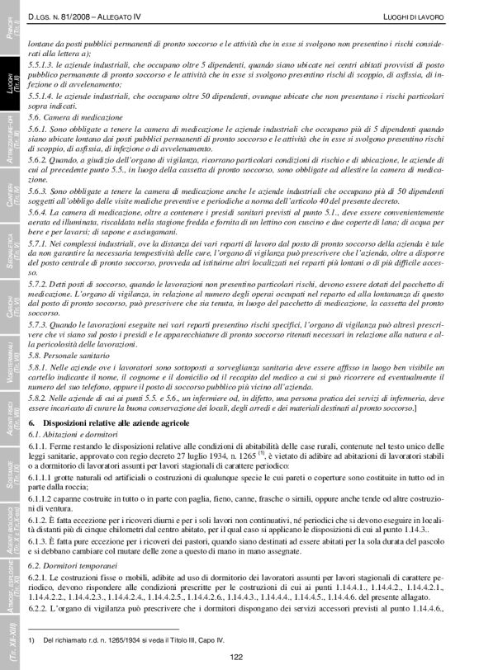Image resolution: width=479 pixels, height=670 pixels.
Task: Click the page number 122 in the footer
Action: [236, 656]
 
